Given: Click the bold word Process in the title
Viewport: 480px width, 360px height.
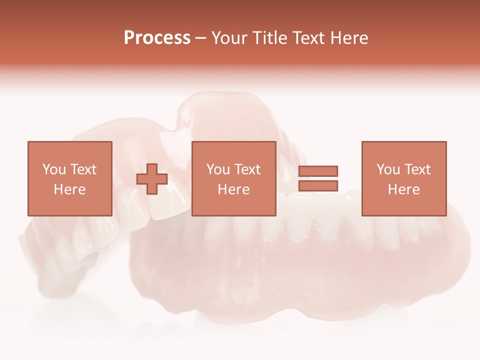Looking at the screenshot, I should (x=157, y=38).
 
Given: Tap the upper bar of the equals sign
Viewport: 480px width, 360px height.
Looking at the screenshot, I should (x=318, y=171).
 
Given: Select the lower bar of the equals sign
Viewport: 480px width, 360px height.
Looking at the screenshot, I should (x=318, y=185).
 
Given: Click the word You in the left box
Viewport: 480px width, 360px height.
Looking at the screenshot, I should (x=54, y=169).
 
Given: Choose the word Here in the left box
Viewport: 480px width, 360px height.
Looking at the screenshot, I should (x=69, y=189).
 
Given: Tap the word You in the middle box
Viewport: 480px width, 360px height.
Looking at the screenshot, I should (x=218, y=169).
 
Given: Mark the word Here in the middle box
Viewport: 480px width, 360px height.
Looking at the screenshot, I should (x=233, y=189).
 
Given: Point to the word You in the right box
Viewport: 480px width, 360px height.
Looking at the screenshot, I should (x=388, y=169).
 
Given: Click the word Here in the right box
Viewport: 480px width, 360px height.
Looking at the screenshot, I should (x=403, y=189).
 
